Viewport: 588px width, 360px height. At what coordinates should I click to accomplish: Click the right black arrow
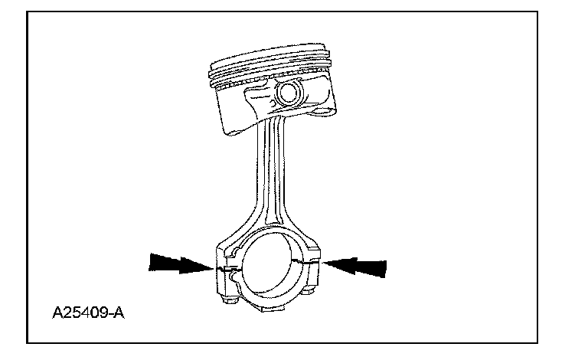coord(357,267)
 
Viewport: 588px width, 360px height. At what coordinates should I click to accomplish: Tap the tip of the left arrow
coord(212,268)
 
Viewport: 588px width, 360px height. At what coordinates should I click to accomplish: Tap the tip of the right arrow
coord(325,263)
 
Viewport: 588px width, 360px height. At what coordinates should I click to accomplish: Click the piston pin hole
coord(289,94)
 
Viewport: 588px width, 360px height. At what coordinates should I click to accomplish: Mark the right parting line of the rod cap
coord(312,261)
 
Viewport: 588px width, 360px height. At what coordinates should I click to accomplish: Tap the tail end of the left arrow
coord(151,263)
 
